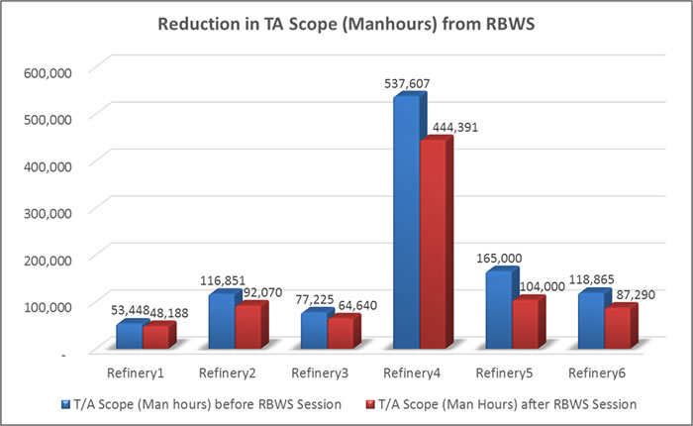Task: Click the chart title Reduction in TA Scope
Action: (x=346, y=24)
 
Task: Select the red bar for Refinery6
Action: (x=617, y=328)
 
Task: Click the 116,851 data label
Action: (x=222, y=280)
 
